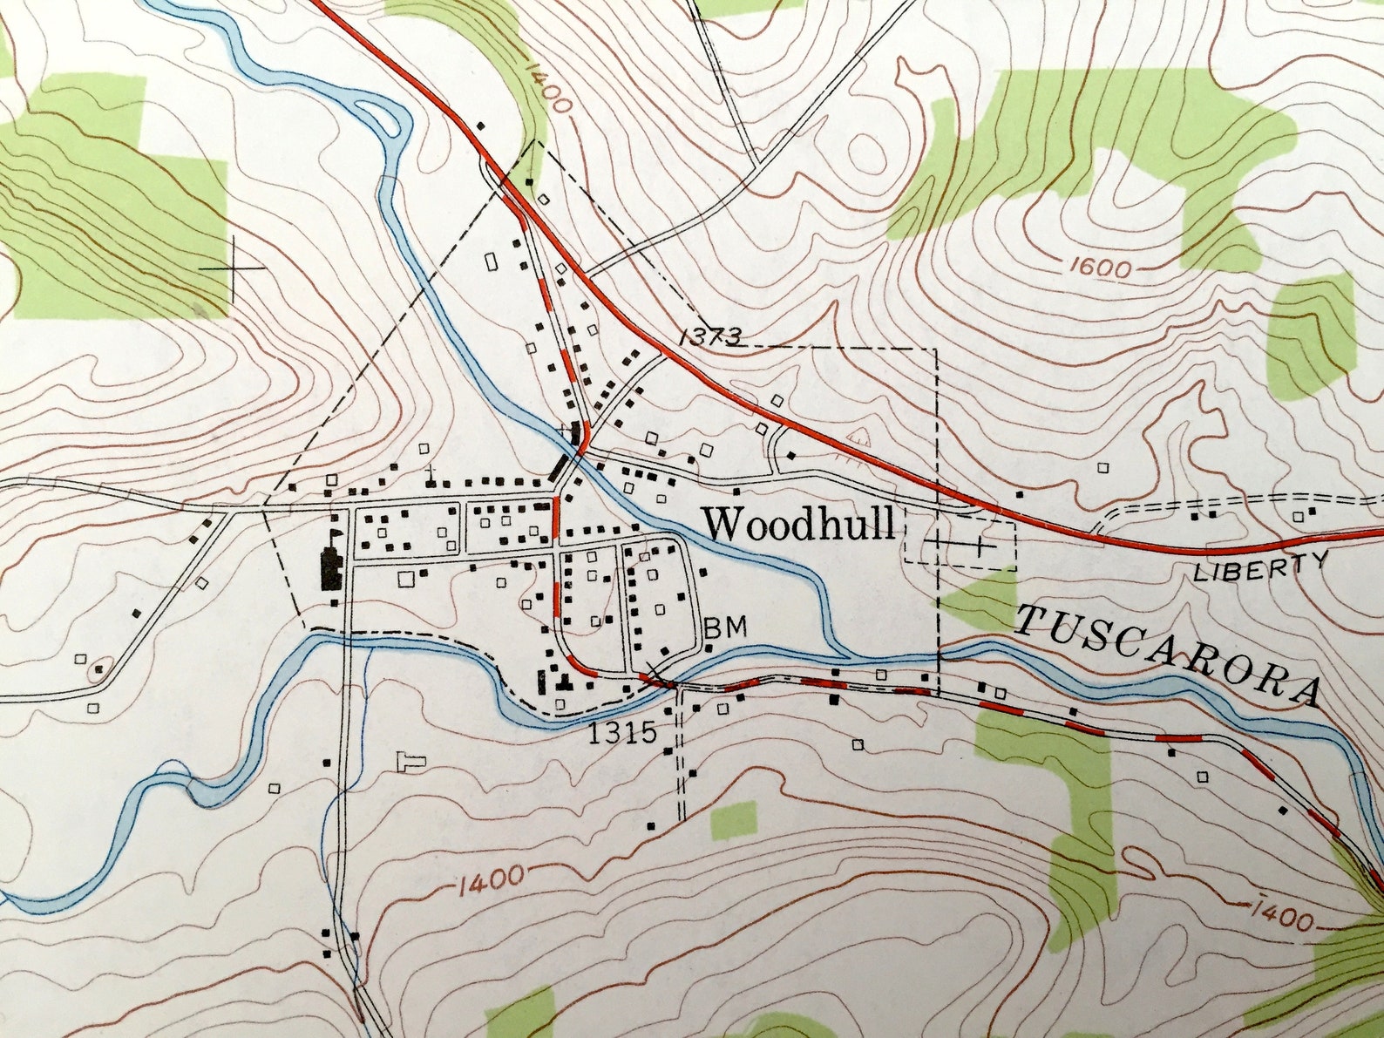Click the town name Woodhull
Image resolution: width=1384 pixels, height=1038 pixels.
click(x=799, y=525)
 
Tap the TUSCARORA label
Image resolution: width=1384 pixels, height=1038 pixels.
click(x=1168, y=654)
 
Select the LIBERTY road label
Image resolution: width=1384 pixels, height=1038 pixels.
click(x=1260, y=567)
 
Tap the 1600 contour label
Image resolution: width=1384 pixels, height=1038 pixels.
click(x=1098, y=268)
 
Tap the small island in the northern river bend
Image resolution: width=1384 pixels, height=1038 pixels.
click(x=378, y=114)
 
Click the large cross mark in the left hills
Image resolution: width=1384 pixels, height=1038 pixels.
click(x=234, y=267)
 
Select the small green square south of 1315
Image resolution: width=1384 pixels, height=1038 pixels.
click(x=733, y=820)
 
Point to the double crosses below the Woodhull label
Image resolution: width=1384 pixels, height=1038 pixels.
click(x=959, y=545)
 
